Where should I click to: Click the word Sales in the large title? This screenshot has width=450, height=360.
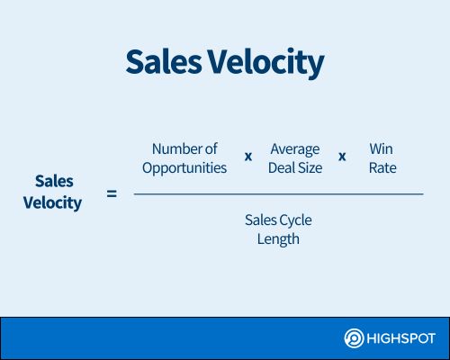coord(164,62)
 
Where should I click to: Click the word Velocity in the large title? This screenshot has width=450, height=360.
coord(266,63)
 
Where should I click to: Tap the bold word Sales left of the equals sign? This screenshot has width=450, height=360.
coord(54,181)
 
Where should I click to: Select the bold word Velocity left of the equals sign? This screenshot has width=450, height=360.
coord(52,203)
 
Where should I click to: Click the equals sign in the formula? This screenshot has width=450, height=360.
coord(112,193)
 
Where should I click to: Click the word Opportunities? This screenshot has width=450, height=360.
coord(184,168)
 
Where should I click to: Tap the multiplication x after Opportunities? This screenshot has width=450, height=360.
coord(248,157)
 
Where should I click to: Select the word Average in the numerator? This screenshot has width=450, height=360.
coord(295,149)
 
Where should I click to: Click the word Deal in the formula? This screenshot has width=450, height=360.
coord(280,167)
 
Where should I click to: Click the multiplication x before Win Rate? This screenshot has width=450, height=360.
coord(342,157)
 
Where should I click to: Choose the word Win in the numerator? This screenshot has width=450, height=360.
coord(381,148)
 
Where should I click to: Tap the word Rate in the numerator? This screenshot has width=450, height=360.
coord(382,167)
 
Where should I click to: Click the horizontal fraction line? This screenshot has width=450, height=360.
coord(279,194)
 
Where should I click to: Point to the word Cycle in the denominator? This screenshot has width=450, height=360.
coord(296,220)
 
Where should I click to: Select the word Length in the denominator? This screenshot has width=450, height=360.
coord(278,239)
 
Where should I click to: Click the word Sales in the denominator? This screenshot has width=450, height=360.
coord(260,220)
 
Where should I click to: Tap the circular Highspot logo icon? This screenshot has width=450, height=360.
coord(354,338)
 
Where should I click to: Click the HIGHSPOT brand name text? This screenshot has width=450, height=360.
coord(400,338)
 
